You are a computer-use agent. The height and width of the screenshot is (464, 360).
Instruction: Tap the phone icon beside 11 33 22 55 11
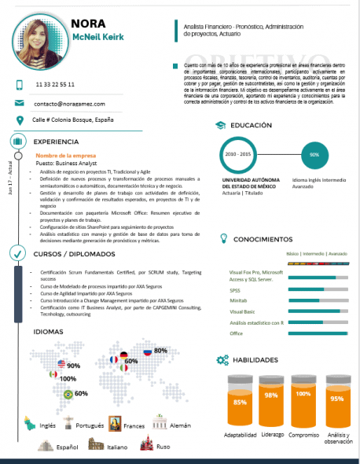click(19, 83)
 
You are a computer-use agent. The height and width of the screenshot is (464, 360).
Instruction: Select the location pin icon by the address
click(19, 120)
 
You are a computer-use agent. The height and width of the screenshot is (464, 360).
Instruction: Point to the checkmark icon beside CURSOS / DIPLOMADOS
click(17, 253)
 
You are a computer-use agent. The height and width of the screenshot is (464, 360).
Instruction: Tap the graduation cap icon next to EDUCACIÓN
click(221, 125)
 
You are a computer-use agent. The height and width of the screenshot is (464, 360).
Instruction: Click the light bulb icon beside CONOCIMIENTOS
click(222, 238)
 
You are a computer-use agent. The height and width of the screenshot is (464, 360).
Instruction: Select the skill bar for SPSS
click(318, 289)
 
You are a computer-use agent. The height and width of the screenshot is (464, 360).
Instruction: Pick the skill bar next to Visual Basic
click(318, 311)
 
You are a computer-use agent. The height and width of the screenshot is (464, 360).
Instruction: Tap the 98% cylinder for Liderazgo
click(271, 397)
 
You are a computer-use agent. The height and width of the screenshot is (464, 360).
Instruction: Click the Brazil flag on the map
click(68, 393)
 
